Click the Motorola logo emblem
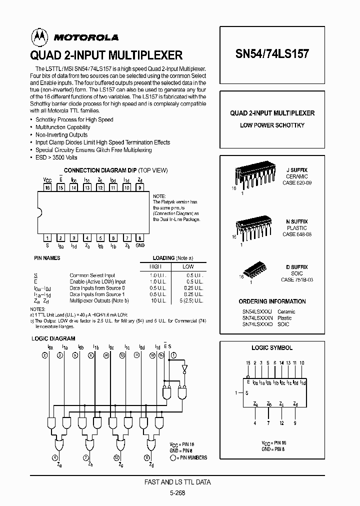pyautogui.click(x=37, y=36)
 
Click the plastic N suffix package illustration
pyautogui.click(x=253, y=227)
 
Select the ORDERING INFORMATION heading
pyautogui.click(x=272, y=301)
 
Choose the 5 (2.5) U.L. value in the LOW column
pyautogui.click(x=191, y=300)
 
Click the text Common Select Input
pyautogui.click(x=92, y=275)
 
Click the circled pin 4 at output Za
pyautogui.click(x=54, y=457)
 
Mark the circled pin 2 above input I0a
pyautogui.click(x=44, y=355)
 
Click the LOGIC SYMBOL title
pyautogui.click(x=272, y=347)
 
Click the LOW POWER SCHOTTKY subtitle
pyautogui.click(x=272, y=125)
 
